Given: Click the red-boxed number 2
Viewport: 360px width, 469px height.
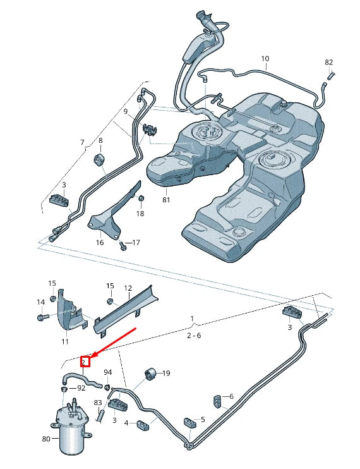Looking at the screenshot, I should (85, 362).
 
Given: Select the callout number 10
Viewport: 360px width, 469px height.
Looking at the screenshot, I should (265, 59).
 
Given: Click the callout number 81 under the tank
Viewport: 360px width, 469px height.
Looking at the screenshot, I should (166, 200).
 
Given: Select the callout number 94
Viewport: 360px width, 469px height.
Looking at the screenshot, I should (108, 372).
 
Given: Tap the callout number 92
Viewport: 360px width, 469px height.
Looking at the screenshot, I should (81, 388).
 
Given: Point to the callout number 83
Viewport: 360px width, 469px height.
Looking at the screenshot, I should (97, 402).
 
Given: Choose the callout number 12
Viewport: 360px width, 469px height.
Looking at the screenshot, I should (128, 288).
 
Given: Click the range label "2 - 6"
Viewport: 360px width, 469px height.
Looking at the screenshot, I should (194, 336).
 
